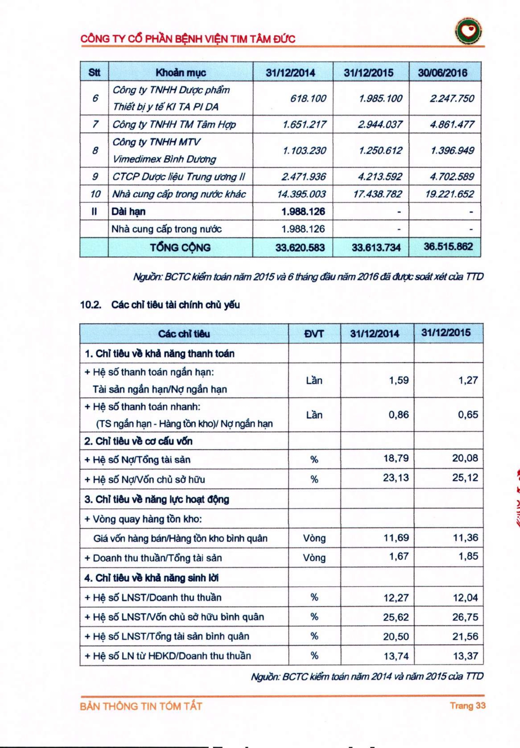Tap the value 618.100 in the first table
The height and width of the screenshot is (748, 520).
pyautogui.click(x=308, y=98)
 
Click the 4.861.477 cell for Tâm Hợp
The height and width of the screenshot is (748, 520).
pyautogui.click(x=452, y=124)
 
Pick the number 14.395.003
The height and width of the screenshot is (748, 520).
pyautogui.click(x=301, y=194)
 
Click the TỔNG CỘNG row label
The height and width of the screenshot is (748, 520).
pyautogui.click(x=180, y=247)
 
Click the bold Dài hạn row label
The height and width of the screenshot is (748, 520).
pyautogui.click(x=128, y=212)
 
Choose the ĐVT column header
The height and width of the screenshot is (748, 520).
pyautogui.click(x=314, y=333)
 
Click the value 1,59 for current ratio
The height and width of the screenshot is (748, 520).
pyautogui.click(x=399, y=380)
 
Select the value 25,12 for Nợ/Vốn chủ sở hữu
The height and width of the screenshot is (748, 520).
pyautogui.click(x=465, y=478)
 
